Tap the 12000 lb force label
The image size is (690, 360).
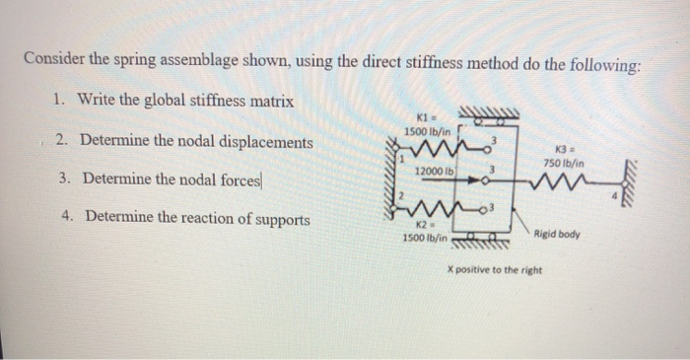pyautogui.click(x=434, y=171)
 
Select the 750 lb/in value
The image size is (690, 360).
pyautogui.click(x=564, y=164)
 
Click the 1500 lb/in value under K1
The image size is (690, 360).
pyautogui.click(x=427, y=131)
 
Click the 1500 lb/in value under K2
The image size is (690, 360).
pyautogui.click(x=425, y=238)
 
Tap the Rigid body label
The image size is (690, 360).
pyautogui.click(x=557, y=234)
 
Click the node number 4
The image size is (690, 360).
pyautogui.click(x=616, y=195)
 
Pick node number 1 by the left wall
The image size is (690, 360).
pyautogui.click(x=401, y=160)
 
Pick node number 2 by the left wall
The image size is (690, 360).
pyautogui.click(x=401, y=195)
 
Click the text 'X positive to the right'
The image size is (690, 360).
pyautogui.click(x=495, y=270)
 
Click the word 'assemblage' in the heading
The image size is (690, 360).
pyautogui.click(x=198, y=60)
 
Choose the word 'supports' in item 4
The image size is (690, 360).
pyautogui.click(x=283, y=219)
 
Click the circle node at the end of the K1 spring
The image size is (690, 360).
pyautogui.click(x=487, y=149)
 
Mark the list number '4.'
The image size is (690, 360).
pyautogui.click(x=67, y=216)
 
